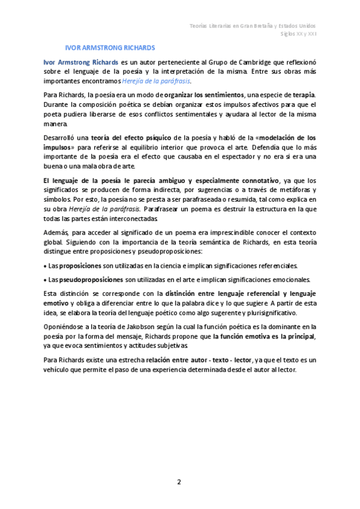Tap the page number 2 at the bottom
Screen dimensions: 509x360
[178, 481]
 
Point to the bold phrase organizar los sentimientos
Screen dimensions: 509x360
[204, 95]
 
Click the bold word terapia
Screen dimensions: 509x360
[302, 95]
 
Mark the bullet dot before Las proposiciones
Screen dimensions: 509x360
[46, 265]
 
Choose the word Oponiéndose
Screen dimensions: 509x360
[64, 327]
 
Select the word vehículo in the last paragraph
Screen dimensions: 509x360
[59, 369]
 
